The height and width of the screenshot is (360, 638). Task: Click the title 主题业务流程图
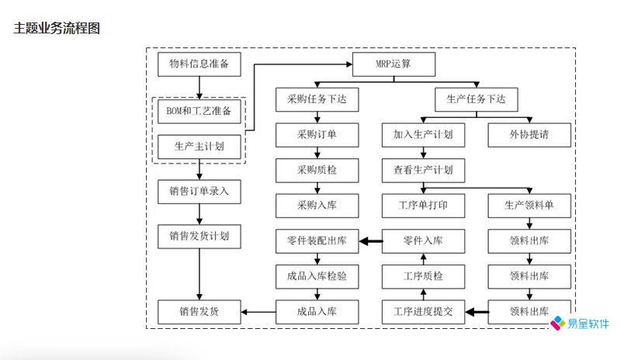pos(57,29)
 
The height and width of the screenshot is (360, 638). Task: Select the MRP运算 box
pos(394,64)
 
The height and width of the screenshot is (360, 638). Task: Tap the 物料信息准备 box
pos(199,64)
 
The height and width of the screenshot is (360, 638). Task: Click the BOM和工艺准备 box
pos(199,111)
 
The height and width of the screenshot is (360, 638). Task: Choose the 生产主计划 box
pos(199,146)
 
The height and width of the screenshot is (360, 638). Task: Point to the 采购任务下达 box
pos(317,99)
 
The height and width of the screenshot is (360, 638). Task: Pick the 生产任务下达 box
pos(476,99)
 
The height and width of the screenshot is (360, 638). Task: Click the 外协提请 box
pos(529,135)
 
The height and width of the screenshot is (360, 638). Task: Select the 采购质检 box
pos(317,170)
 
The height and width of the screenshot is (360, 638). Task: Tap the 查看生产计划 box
pos(423,170)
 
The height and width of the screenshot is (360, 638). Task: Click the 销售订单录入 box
pos(199,191)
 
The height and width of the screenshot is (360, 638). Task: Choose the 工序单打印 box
pos(423,206)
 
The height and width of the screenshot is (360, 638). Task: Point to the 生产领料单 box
pos(529,206)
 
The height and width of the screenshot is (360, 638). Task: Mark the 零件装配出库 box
pos(317,241)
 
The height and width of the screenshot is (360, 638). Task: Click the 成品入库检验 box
pos(317,276)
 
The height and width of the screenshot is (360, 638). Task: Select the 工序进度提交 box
pos(423,312)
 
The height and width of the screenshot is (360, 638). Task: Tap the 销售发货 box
pos(199,312)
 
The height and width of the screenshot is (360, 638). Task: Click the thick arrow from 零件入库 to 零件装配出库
pos(370,241)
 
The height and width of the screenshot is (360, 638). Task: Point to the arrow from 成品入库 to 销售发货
pos(258,312)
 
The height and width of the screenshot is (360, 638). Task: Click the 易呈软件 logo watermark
pos(581,324)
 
